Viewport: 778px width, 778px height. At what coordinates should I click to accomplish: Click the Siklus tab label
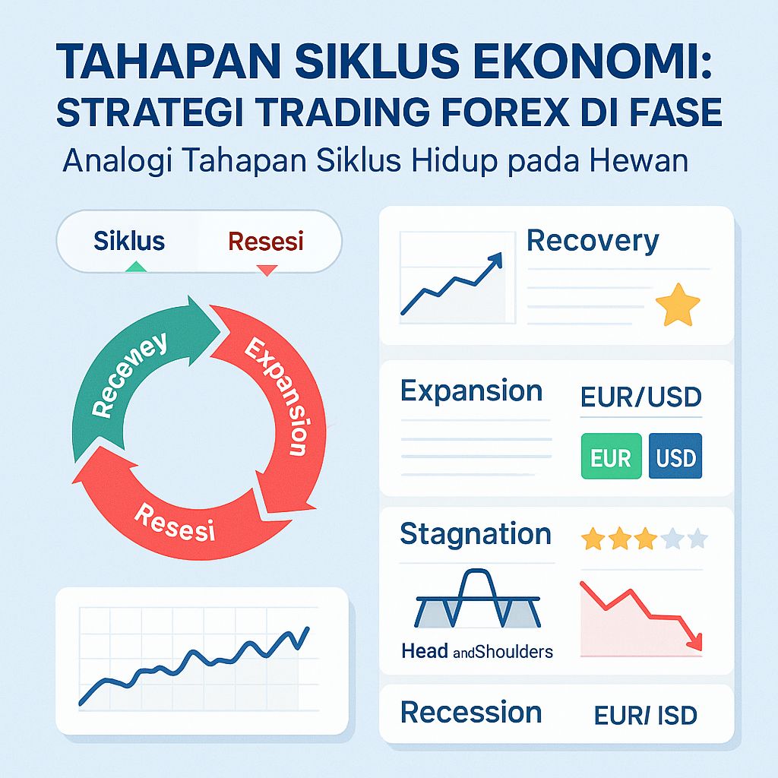tap(128, 242)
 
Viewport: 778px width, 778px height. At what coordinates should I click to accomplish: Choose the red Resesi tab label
tap(265, 242)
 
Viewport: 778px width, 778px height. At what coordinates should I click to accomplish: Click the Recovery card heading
tap(593, 241)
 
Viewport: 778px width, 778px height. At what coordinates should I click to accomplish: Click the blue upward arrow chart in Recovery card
tap(452, 285)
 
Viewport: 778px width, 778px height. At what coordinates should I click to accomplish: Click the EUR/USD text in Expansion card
tap(640, 397)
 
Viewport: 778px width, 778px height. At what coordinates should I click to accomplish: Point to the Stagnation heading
tap(475, 534)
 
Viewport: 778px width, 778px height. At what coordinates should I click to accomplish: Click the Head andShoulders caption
tap(476, 651)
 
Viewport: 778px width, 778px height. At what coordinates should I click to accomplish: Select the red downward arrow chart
tap(642, 615)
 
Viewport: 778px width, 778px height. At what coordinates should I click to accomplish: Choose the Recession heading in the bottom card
tap(471, 713)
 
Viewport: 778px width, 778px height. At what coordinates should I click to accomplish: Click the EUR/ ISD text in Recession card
tap(646, 715)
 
